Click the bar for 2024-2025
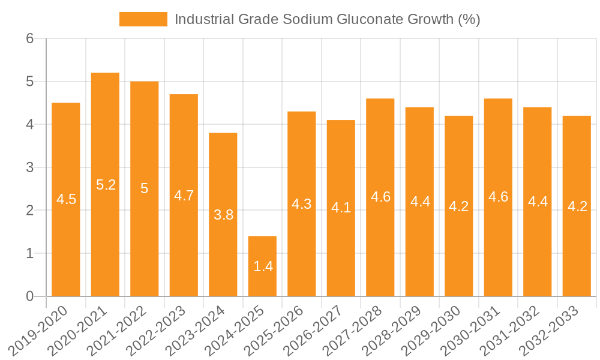[x=262, y=266]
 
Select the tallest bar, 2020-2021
[x=105, y=184]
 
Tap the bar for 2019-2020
[x=66, y=199]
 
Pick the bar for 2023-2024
[x=223, y=214]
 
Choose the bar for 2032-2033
[x=577, y=206]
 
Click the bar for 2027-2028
[x=380, y=197]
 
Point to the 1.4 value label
[x=263, y=267]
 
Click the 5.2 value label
[x=106, y=185]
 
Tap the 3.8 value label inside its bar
[x=223, y=215]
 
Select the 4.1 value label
[x=341, y=208]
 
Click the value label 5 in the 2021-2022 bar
[x=144, y=188]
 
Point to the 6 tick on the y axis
[x=29, y=38]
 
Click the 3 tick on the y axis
[x=29, y=167]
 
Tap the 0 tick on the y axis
[x=29, y=296]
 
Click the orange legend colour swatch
[x=143, y=19]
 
